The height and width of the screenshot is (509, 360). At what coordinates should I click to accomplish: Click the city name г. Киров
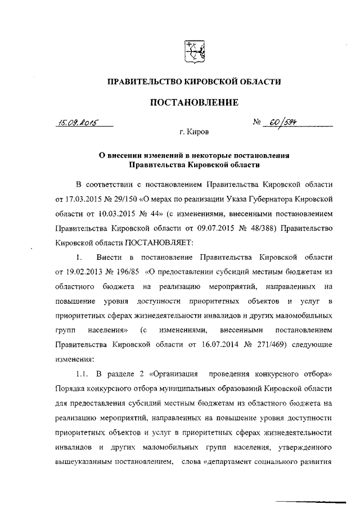(x=193, y=133)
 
